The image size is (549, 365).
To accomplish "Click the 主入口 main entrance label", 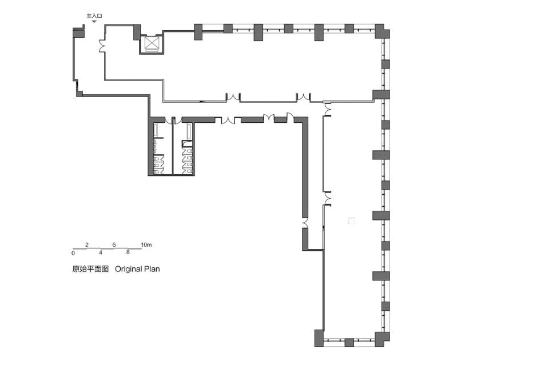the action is point(94,16).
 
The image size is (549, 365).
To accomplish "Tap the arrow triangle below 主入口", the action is point(94,22).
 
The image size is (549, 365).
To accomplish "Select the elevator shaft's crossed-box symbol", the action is point(152,44).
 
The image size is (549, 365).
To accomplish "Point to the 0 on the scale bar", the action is point(73,253).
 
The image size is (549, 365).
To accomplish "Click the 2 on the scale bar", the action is point(87,244).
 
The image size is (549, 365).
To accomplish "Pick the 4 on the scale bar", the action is point(101,252).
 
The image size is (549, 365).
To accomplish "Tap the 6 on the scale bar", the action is point(114,244).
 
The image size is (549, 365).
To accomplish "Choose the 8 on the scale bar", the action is point(128,252).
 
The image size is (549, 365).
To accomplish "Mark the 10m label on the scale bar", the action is point(146,244).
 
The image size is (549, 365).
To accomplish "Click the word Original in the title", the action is point(129,269).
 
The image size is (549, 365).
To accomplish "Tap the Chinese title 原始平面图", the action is point(90,269).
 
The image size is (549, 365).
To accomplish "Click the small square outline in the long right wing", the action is point(351,220).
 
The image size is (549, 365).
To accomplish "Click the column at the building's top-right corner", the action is point(382,31).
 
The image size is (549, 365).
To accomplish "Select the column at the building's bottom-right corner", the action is point(382,339).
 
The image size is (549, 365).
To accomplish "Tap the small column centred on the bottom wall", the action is point(349,342).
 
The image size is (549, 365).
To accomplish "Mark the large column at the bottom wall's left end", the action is point(319,338).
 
